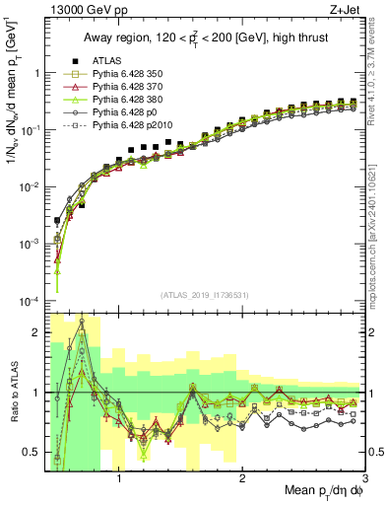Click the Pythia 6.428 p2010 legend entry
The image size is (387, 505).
click(x=128, y=125)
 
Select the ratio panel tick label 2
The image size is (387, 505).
click(x=37, y=332)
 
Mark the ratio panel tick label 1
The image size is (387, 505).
click(x=37, y=394)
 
